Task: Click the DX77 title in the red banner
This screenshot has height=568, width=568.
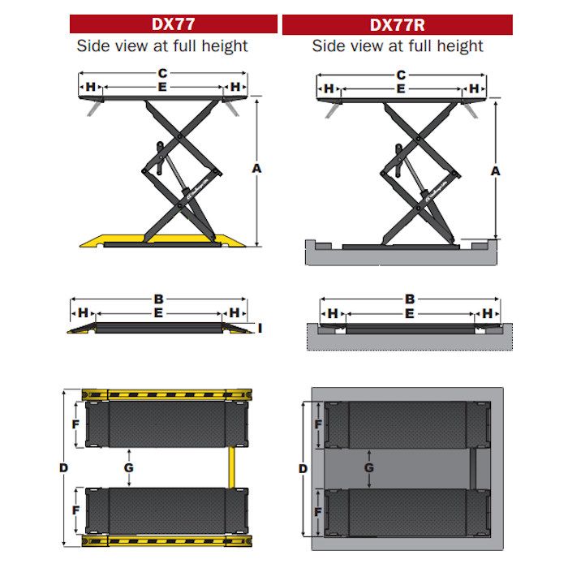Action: point(173,24)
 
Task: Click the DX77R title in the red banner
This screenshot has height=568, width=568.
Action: point(397,25)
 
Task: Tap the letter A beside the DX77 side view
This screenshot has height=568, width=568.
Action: point(256,169)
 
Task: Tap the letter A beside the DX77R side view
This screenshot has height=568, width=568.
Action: point(495,171)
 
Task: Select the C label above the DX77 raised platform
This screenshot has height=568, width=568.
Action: point(162,74)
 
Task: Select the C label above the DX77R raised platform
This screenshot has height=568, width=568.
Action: point(401,75)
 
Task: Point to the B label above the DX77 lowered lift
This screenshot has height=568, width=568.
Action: point(159,299)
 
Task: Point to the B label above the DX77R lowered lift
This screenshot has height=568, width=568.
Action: point(410,299)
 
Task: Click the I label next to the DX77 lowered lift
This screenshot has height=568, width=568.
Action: point(260,328)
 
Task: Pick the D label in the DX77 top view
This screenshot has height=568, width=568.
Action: point(64,468)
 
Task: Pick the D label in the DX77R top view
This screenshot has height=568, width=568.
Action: point(303,469)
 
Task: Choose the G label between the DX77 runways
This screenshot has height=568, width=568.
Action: point(128,467)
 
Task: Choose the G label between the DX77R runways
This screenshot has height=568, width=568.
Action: point(368,467)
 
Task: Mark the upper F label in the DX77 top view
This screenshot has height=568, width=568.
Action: point(75,424)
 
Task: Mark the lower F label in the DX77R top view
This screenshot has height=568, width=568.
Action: point(318,512)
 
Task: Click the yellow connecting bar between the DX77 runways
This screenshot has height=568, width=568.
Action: point(231,467)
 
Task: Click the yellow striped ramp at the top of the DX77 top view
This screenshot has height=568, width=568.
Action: point(166,394)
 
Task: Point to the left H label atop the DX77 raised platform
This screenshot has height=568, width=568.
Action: point(91,87)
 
